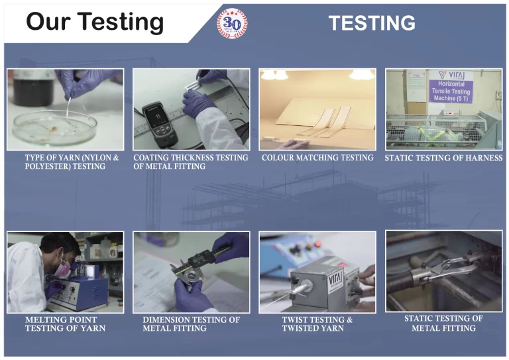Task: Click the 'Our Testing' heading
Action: click(94, 22)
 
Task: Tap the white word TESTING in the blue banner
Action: click(372, 23)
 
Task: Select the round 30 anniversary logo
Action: click(232, 24)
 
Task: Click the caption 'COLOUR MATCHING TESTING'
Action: click(317, 158)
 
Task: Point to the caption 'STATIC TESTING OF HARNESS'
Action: click(443, 158)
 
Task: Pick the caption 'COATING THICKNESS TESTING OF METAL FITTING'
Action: click(191, 162)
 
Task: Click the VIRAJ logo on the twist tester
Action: click(335, 278)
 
